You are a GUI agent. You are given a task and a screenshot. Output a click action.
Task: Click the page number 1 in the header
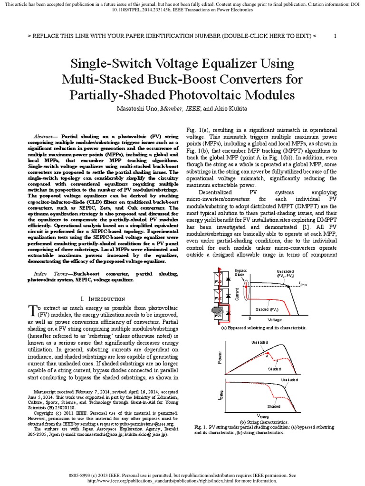pos(335,36)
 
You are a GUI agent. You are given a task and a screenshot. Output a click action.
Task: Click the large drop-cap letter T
pos(31,309)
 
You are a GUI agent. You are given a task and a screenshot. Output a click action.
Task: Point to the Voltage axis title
pos(275,320)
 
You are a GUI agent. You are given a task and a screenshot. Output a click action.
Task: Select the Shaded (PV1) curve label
pos(268,310)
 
